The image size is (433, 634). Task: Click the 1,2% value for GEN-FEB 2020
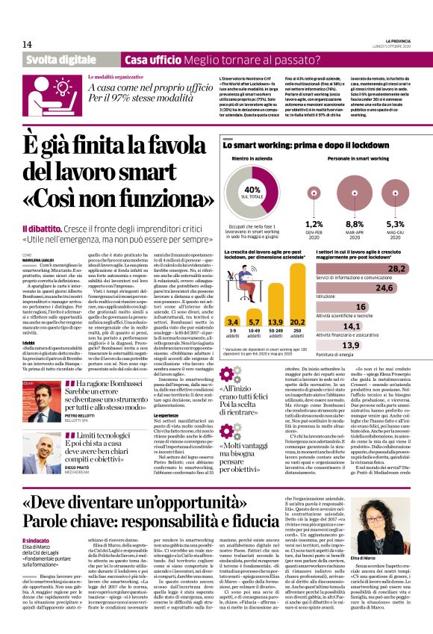314,223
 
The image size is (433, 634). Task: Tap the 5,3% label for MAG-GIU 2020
395,223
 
